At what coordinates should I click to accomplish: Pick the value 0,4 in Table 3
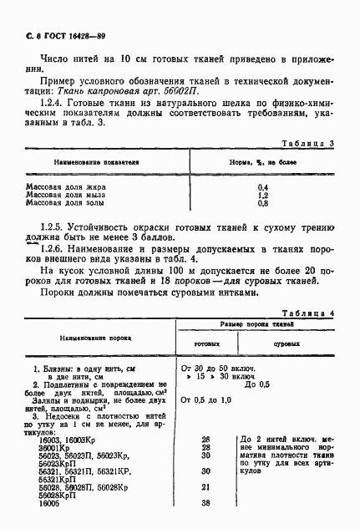263,186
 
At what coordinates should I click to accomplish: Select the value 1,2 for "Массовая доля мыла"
263,195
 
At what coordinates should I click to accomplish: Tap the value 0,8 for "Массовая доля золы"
263,203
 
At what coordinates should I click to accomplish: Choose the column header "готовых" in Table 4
206,343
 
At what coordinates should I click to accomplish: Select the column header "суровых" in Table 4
287,343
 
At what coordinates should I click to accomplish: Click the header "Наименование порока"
92,338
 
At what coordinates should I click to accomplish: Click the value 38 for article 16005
205,503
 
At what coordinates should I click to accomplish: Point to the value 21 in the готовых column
205,486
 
